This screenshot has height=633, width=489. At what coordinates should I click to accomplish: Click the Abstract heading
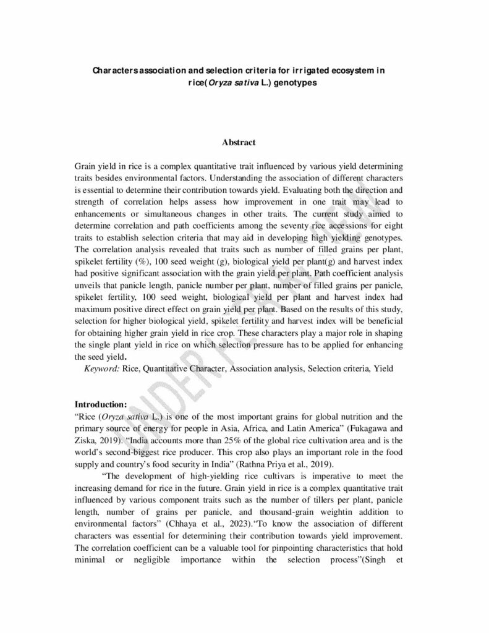pos(239,143)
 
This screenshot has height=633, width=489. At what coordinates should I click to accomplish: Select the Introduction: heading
pos(101,404)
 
